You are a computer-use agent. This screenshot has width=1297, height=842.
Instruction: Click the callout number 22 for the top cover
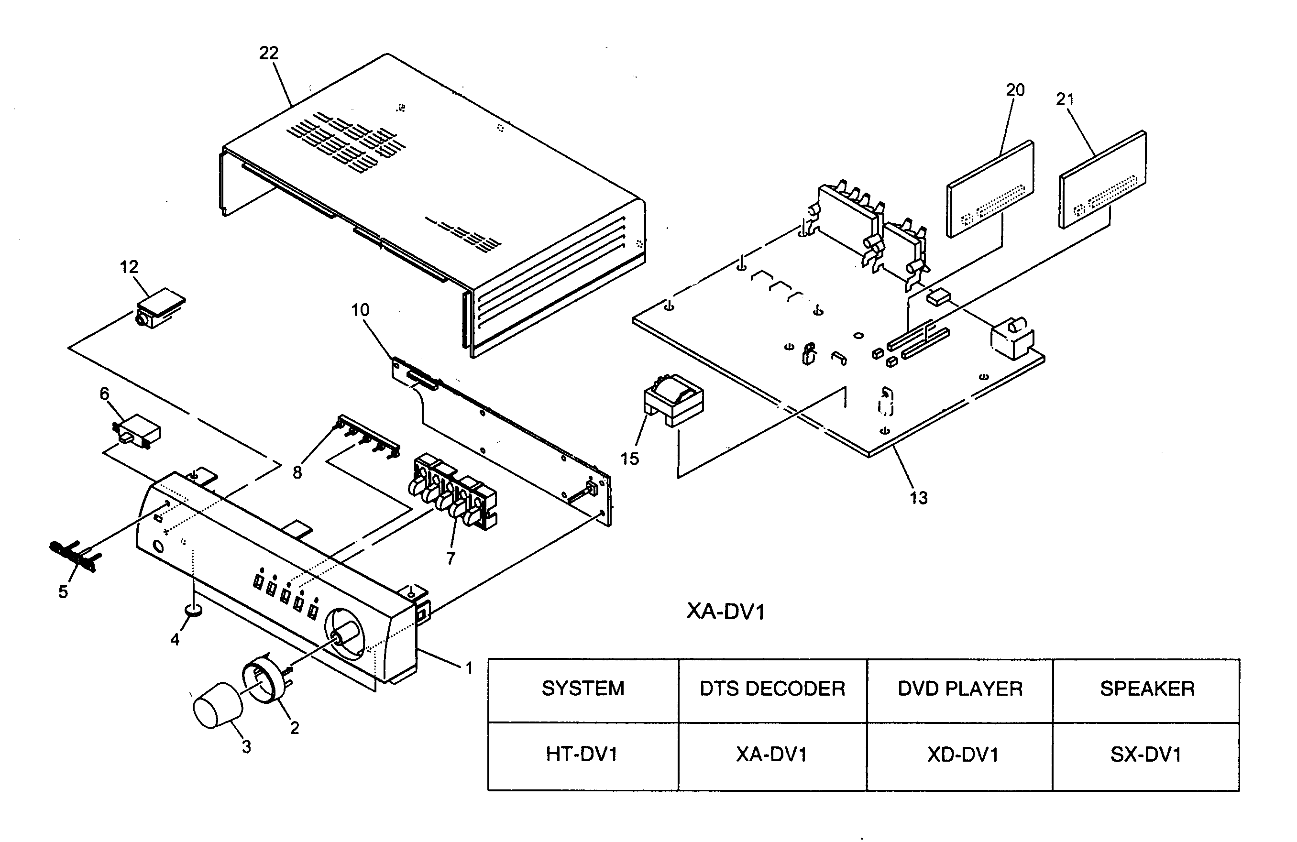(x=269, y=54)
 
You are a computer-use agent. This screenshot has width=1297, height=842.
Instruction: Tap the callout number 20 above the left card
(x=1015, y=90)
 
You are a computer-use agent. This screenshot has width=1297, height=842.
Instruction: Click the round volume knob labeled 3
(x=218, y=705)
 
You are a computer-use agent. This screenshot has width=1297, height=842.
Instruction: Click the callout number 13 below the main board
(x=918, y=498)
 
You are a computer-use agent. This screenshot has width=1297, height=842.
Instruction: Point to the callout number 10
(x=360, y=311)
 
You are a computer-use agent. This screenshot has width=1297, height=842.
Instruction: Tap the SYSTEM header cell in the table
(x=583, y=689)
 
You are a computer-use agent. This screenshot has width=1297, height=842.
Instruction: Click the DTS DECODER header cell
(x=772, y=689)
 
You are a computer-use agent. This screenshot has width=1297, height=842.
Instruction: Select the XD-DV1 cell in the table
(x=962, y=755)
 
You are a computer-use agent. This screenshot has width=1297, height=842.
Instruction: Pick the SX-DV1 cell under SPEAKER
(x=1146, y=755)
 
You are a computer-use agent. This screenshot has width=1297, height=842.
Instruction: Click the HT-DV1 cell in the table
(x=582, y=755)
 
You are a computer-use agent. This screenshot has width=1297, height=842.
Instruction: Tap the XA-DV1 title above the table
(x=725, y=612)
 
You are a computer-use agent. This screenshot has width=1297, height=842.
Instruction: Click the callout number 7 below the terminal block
(x=450, y=558)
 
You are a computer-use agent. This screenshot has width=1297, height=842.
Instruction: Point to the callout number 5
(x=63, y=592)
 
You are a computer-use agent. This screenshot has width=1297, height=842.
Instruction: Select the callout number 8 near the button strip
(x=297, y=472)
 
